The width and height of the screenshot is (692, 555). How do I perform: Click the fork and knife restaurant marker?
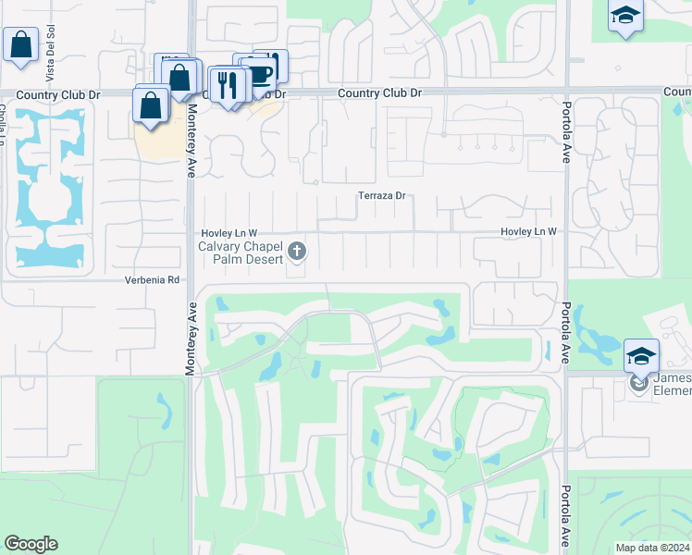point(225,86)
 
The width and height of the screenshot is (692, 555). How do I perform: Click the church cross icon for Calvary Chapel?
point(297,251)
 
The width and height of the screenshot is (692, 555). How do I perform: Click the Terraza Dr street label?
point(383,196)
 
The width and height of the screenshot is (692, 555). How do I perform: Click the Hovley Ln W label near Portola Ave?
point(528,231)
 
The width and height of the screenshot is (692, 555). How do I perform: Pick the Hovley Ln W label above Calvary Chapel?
point(229,232)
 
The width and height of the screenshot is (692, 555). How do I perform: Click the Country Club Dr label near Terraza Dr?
point(379,92)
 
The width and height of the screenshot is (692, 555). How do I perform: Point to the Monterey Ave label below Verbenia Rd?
point(191,339)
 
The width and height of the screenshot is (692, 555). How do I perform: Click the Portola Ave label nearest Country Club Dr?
point(567,126)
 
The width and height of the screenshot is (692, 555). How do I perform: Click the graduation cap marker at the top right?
point(625,18)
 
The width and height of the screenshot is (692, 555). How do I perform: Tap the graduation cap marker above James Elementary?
point(642,356)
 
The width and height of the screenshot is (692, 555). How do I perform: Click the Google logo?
point(31,544)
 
